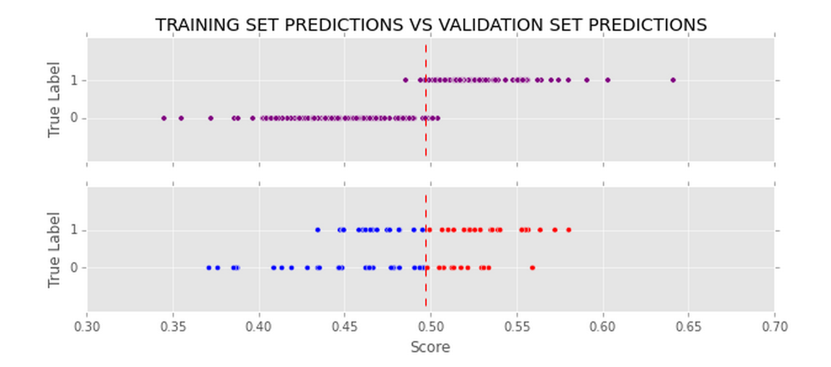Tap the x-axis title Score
pyautogui.click(x=430, y=347)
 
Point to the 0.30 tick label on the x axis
pyautogui.click(x=87, y=326)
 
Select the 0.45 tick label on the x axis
pyautogui.click(x=345, y=326)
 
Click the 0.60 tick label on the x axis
pyautogui.click(x=602, y=326)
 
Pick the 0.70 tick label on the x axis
pyautogui.click(x=774, y=326)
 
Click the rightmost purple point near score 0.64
pyautogui.click(x=673, y=80)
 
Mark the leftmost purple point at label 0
pyautogui.click(x=163, y=118)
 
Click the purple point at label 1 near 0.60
pyautogui.click(x=607, y=80)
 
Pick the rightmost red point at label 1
pyautogui.click(x=568, y=230)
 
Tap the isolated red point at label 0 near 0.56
pyautogui.click(x=532, y=268)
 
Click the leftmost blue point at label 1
pyautogui.click(x=317, y=230)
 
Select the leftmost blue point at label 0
pyautogui.click(x=208, y=268)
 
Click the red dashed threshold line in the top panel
pyautogui.click(x=426, y=142)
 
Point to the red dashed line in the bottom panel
pyautogui.click(x=426, y=289)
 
